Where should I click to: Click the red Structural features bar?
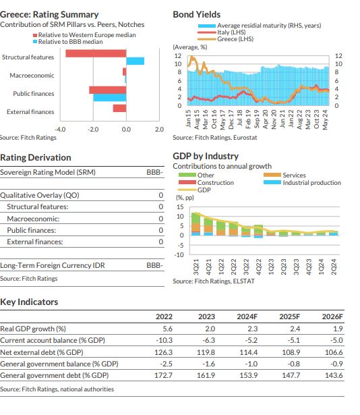[96, 53]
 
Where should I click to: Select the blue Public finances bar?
[109, 97]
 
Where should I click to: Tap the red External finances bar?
[119, 108]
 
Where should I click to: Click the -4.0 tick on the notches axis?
[60, 130]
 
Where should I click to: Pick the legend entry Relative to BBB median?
[68, 42]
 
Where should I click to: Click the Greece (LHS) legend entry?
[226, 39]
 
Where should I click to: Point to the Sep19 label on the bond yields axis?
[256, 119]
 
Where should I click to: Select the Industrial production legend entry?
[302, 183]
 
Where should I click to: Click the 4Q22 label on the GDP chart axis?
[258, 267]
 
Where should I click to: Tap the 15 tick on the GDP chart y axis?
[180, 207]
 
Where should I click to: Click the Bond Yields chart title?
[197, 15]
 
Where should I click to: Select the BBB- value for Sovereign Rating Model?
[155, 172]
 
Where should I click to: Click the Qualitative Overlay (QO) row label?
[40, 195]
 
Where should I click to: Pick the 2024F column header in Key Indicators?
[247, 316]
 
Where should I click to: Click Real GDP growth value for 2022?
[167, 329]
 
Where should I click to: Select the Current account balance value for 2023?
[209, 340]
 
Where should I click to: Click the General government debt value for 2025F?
[291, 375]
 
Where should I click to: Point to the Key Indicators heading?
[29, 302]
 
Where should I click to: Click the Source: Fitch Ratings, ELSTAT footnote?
[214, 281]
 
